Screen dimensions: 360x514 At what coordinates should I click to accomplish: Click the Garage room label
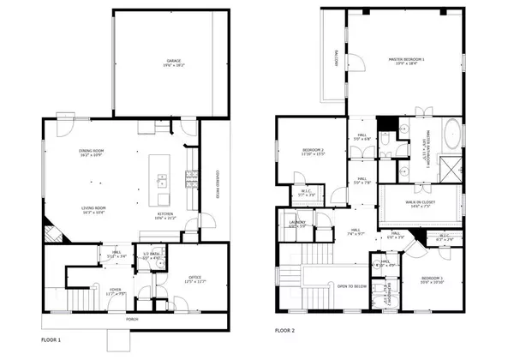point(174,62)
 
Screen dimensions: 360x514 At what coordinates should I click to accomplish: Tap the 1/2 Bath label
point(151,255)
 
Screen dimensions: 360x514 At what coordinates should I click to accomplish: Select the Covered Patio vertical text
point(217,184)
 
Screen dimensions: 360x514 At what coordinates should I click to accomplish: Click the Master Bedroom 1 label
point(407,58)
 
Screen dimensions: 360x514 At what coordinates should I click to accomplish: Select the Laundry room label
point(296,224)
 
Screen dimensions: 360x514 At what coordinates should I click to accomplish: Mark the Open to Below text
point(352,285)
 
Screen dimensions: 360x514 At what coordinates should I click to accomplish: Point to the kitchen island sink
point(160,180)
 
